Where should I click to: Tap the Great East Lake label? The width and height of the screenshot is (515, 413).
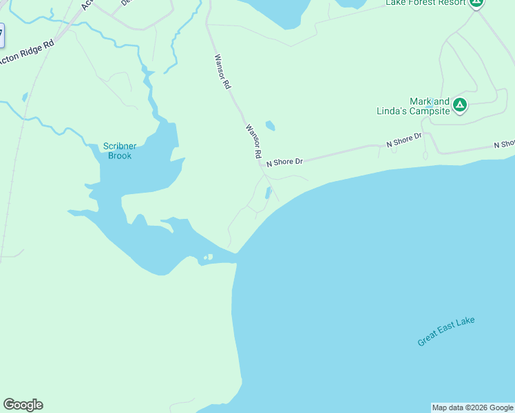point(446,332)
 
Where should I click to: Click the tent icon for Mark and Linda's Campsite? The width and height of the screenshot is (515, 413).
point(460,105)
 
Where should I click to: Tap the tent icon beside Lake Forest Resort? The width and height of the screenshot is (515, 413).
point(476,3)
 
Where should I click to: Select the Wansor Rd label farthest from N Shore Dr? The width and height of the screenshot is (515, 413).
point(222,73)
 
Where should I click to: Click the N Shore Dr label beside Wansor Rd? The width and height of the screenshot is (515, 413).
point(284,161)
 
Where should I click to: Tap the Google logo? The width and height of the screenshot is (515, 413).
point(23,405)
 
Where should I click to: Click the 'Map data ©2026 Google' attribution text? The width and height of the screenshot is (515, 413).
point(472,407)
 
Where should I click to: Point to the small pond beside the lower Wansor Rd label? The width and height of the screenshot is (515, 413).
point(270,126)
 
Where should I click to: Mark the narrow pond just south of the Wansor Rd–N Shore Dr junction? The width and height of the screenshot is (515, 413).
point(268,193)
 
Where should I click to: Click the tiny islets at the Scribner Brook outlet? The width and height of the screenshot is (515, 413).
point(207,258)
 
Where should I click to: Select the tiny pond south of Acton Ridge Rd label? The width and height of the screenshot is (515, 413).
point(25,98)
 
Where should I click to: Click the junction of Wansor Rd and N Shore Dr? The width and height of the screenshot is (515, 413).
point(261,164)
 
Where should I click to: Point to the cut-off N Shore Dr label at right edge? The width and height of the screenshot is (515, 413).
point(504,145)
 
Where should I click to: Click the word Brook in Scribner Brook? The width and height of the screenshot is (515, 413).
point(119,156)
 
